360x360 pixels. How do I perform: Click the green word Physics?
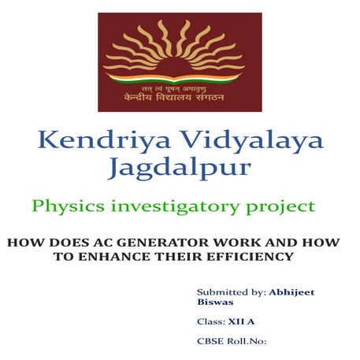(x=67, y=207)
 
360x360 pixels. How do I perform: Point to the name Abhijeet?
(x=292, y=291)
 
